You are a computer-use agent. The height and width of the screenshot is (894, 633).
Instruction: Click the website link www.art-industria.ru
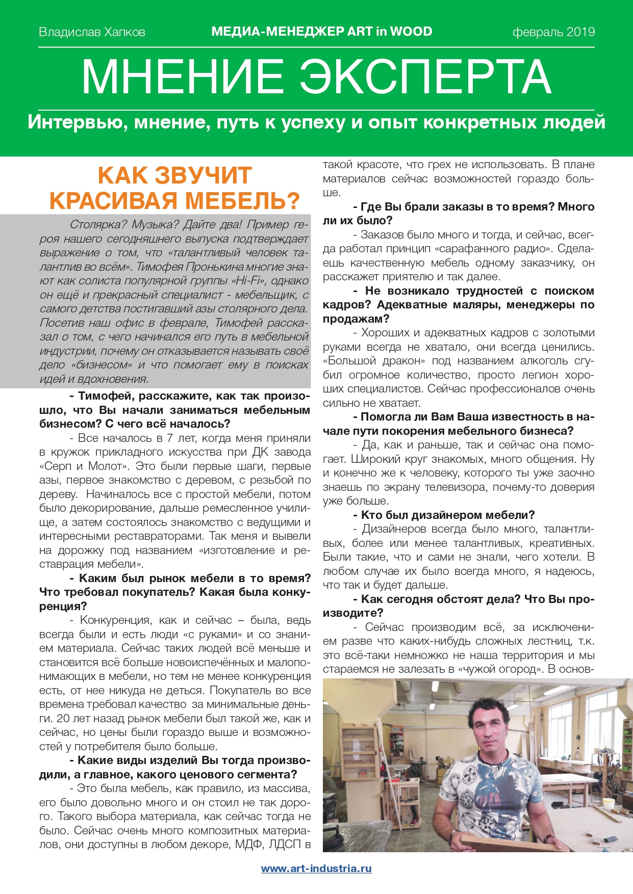click(316, 869)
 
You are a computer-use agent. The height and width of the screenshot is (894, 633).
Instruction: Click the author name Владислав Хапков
click(92, 32)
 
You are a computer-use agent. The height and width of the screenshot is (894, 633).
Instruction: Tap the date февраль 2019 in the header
click(553, 32)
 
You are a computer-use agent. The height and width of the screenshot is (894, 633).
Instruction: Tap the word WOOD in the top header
click(411, 32)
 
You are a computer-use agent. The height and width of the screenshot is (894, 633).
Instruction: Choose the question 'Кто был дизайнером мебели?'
click(443, 515)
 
